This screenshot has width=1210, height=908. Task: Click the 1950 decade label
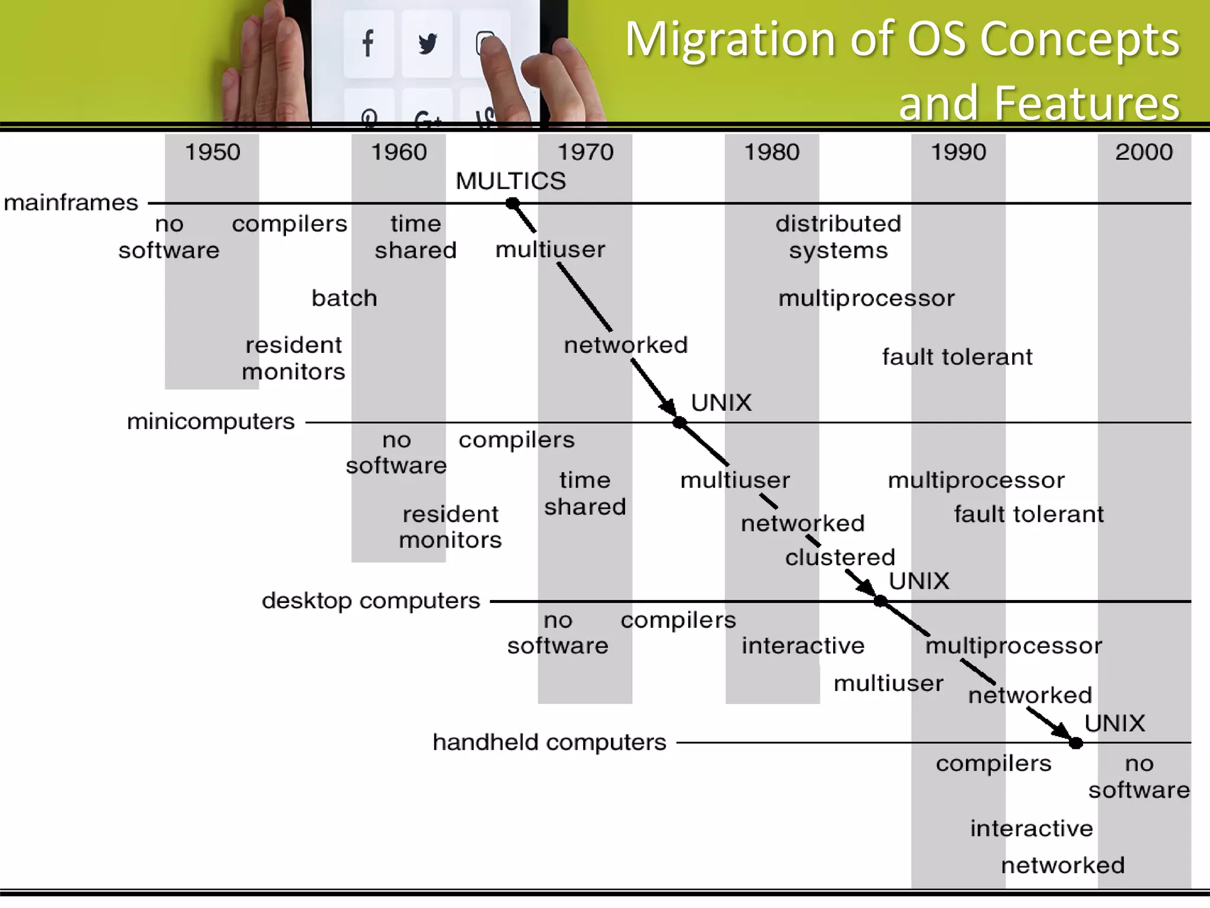pos(213,153)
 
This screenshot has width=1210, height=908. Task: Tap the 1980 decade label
pos(772,153)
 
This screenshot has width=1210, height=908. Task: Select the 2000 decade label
pos(1144,153)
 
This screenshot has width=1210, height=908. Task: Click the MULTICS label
pos(510,181)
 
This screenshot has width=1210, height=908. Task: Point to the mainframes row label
pos(71,203)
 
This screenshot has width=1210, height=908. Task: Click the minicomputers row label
pos(211,421)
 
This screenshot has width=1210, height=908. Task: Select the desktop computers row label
pos(371,601)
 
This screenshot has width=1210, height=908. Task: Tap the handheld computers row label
pos(549,742)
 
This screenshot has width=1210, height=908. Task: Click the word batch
pos(344,298)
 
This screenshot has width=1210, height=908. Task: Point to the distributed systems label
pos(838,237)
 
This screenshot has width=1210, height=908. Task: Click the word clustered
pos(840,557)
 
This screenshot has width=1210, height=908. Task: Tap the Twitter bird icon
pos(427,44)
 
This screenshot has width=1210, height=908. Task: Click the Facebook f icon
pos(368,43)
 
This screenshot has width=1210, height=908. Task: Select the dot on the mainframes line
pos(513,203)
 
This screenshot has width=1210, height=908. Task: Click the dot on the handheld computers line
pos(1076,743)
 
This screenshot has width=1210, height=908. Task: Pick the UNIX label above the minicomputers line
pos(721,403)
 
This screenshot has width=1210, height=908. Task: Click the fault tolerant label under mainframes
pos(957,357)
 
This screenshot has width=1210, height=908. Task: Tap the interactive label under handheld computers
pos(1032,828)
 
